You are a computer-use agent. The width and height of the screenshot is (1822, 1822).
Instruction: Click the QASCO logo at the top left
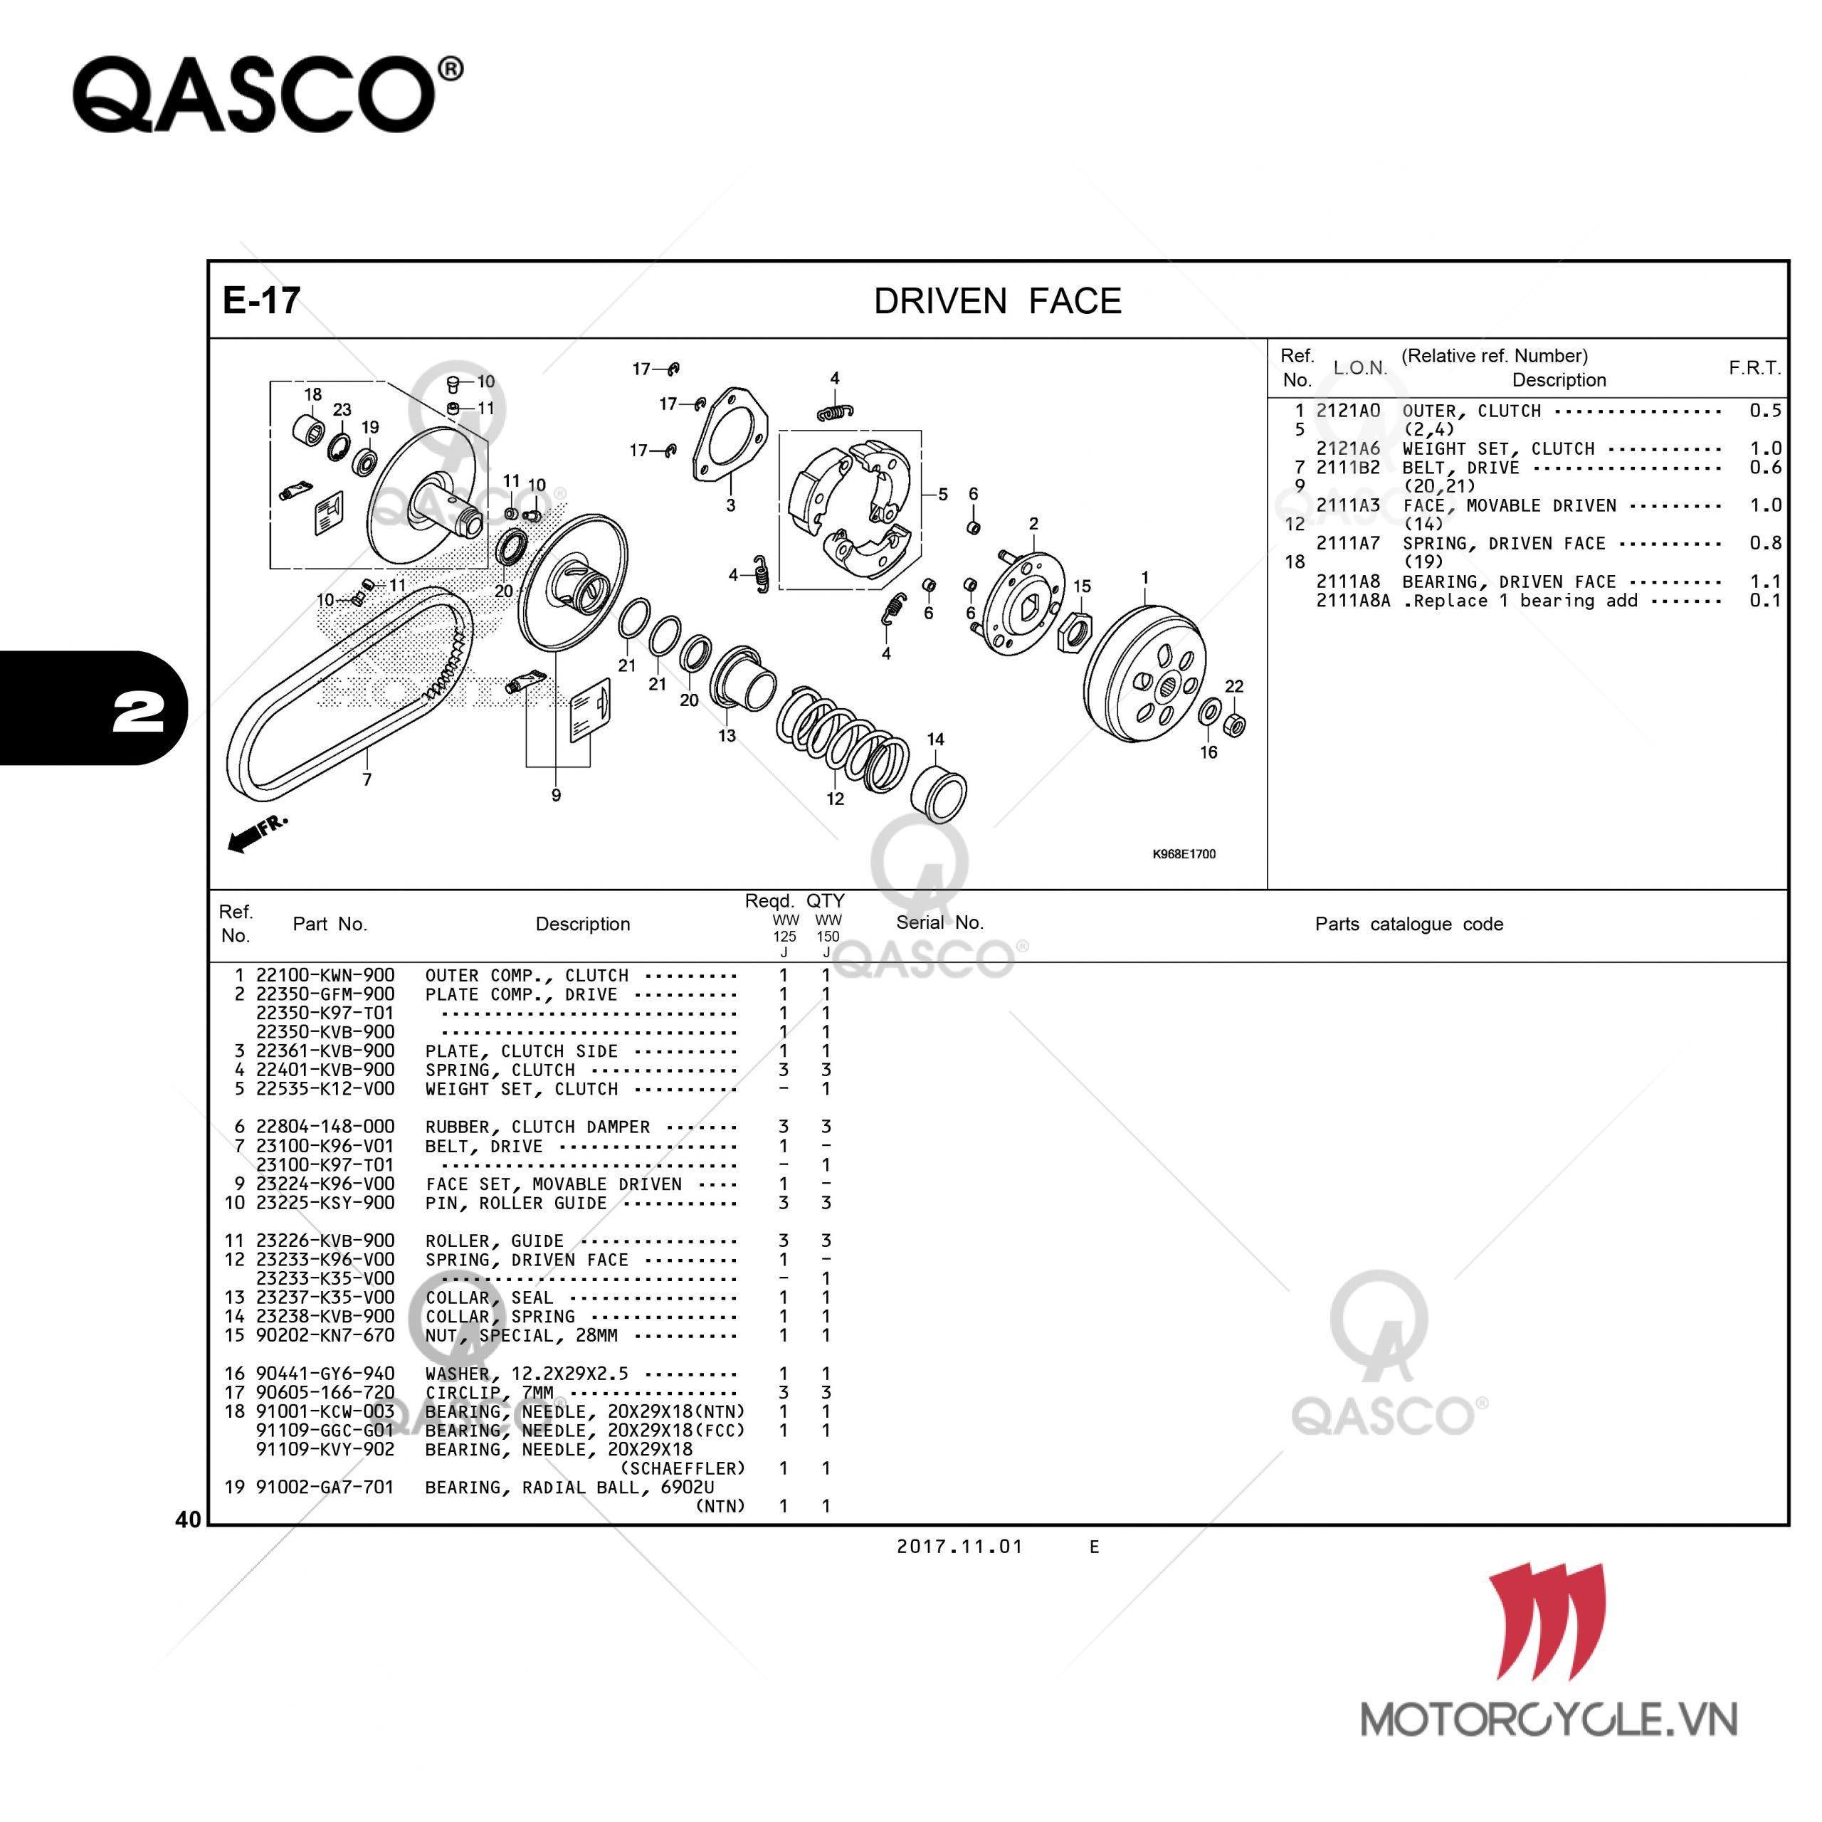coord(268,95)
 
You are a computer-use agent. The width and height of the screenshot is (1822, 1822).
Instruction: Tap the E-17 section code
coord(261,301)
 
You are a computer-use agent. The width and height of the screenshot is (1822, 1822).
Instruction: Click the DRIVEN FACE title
coord(998,302)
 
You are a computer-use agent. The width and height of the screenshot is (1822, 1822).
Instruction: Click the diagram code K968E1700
coord(1184,853)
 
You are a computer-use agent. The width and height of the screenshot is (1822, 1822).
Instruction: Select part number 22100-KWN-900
coord(325,975)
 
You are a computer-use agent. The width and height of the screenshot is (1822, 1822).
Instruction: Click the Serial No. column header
coord(939,922)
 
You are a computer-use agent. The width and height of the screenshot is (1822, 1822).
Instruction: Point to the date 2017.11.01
coord(959,1547)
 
